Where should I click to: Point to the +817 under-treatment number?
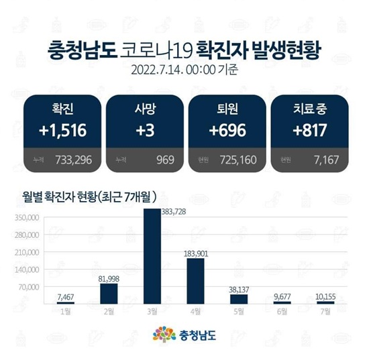(x=307, y=131)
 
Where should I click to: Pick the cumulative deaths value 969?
(x=164, y=160)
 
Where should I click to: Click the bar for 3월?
(x=152, y=256)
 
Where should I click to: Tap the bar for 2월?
(x=109, y=294)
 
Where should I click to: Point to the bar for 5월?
(x=240, y=299)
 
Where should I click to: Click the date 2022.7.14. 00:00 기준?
(x=184, y=69)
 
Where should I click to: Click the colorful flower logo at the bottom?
(x=160, y=333)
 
